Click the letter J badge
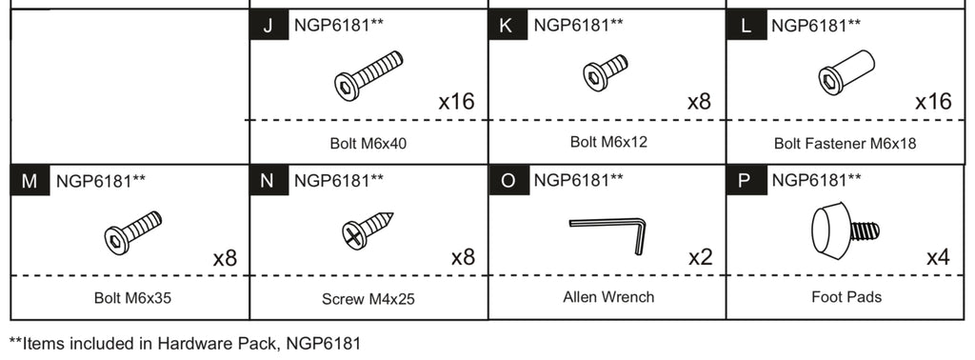(268, 26)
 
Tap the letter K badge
(506, 26)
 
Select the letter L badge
(744, 26)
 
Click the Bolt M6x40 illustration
(368, 75)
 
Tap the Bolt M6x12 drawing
(606, 72)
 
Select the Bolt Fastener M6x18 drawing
(846, 72)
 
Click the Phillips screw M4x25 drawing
(368, 230)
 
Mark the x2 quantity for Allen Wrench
(700, 257)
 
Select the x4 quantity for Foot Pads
(938, 257)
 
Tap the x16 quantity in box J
(455, 102)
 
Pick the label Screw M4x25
(368, 299)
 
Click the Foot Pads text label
(846, 297)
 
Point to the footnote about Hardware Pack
(186, 343)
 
